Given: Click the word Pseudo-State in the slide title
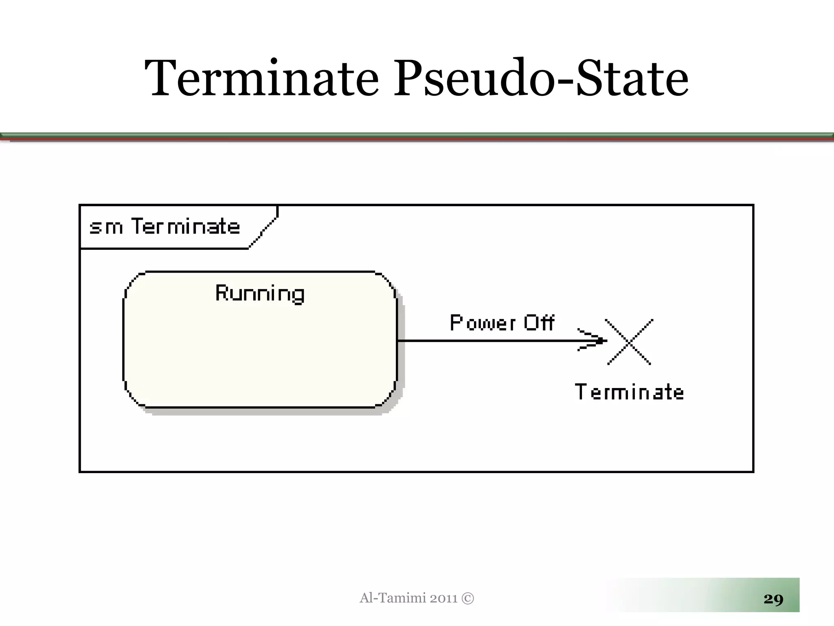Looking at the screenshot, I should tap(541, 78).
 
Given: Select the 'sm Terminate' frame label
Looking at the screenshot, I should tap(165, 227).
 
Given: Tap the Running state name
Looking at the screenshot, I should tap(260, 293).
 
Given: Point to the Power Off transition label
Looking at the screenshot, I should tap(502, 323).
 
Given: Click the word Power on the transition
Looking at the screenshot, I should tap(483, 323).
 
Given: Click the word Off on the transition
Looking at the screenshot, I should tap(539, 323).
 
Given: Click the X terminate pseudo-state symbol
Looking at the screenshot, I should tap(629, 342).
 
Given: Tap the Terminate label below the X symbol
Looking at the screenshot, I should tap(629, 392).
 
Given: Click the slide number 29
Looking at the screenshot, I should tap(773, 599).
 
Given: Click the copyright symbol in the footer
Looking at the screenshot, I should tap(468, 598).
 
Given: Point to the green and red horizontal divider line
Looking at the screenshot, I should tap(417, 137).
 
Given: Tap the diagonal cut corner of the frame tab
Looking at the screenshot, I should tap(264, 232).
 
